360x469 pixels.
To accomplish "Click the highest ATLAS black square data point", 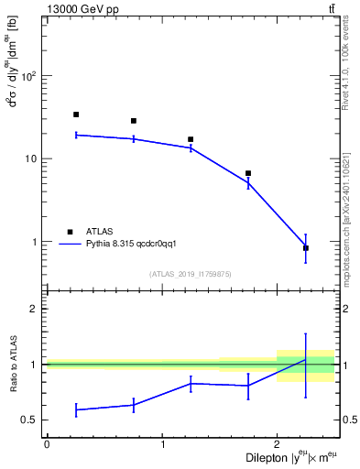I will click(x=76, y=115).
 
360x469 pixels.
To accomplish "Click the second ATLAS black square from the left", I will click(x=134, y=121).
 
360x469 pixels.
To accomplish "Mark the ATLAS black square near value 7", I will click(x=248, y=173).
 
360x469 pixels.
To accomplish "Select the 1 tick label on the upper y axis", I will click(x=36, y=242).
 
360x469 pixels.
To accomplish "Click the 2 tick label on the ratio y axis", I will click(x=35, y=309).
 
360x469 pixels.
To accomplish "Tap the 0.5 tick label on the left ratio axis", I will click(x=31, y=420).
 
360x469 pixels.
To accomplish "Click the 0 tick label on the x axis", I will click(x=47, y=444).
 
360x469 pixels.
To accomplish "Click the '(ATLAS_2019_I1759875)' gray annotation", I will click(x=191, y=274).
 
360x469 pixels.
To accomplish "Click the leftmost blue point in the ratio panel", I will click(x=76, y=409).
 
